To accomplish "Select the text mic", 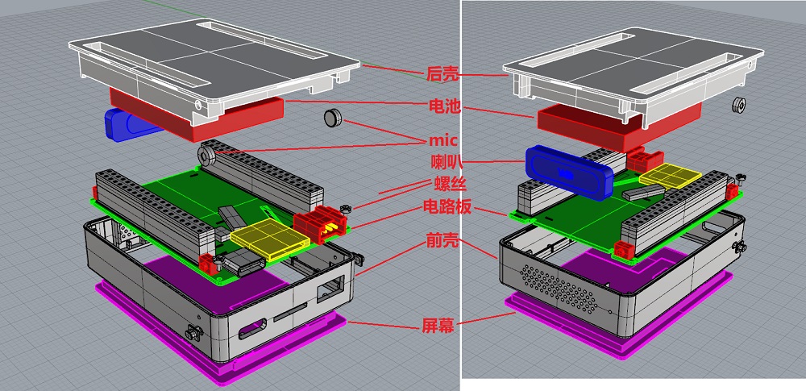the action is (x=443, y=140).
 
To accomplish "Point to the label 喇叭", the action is (x=446, y=163).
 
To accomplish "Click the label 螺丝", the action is (x=449, y=184).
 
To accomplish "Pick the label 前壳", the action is (x=442, y=239).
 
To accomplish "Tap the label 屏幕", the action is (x=438, y=325).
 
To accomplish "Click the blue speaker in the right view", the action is (x=569, y=172).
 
